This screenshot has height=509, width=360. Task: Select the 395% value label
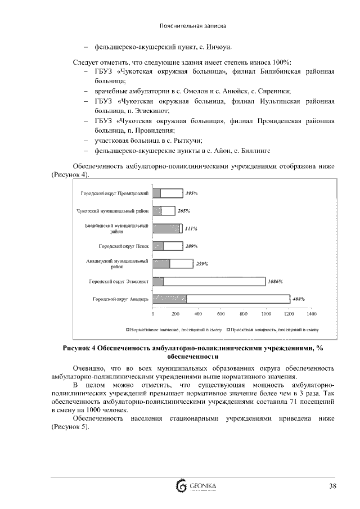pyautogui.click(x=191, y=193)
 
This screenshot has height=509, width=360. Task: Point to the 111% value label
pyautogui.click(x=191, y=229)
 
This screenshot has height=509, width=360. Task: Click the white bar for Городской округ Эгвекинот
pyautogui.click(x=214, y=281)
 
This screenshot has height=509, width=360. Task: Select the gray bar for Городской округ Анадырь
pyautogui.click(x=170, y=299)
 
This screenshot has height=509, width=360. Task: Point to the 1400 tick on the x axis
pyautogui.click(x=311, y=314)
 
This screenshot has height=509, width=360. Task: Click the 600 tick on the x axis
pyautogui.click(x=220, y=314)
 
